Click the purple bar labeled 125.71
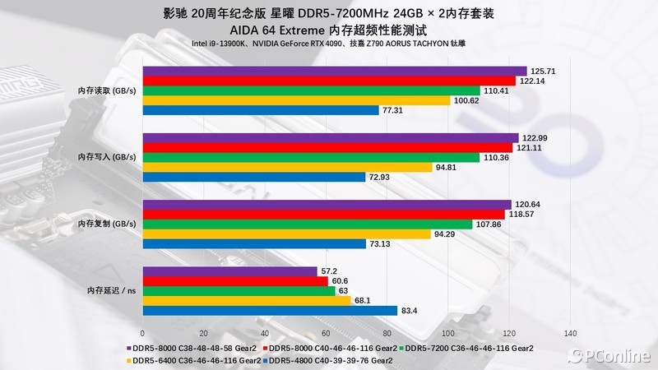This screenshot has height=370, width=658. click(335, 71)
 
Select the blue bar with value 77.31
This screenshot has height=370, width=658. click(261, 110)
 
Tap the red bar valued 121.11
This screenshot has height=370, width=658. click(329, 147)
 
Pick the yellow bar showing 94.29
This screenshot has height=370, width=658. click(287, 234)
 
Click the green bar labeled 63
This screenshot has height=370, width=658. click(239, 290)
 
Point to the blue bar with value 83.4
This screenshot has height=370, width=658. click(270, 310)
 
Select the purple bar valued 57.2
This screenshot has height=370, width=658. click(230, 271)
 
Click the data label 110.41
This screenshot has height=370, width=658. click(499, 90)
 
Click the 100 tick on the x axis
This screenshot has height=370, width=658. click(448, 334)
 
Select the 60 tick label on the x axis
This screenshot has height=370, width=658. click(326, 334)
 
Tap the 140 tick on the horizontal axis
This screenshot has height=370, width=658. click(570, 334)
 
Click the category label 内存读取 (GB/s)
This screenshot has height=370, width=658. click(107, 90)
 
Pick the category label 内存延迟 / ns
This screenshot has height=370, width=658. click(112, 290)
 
